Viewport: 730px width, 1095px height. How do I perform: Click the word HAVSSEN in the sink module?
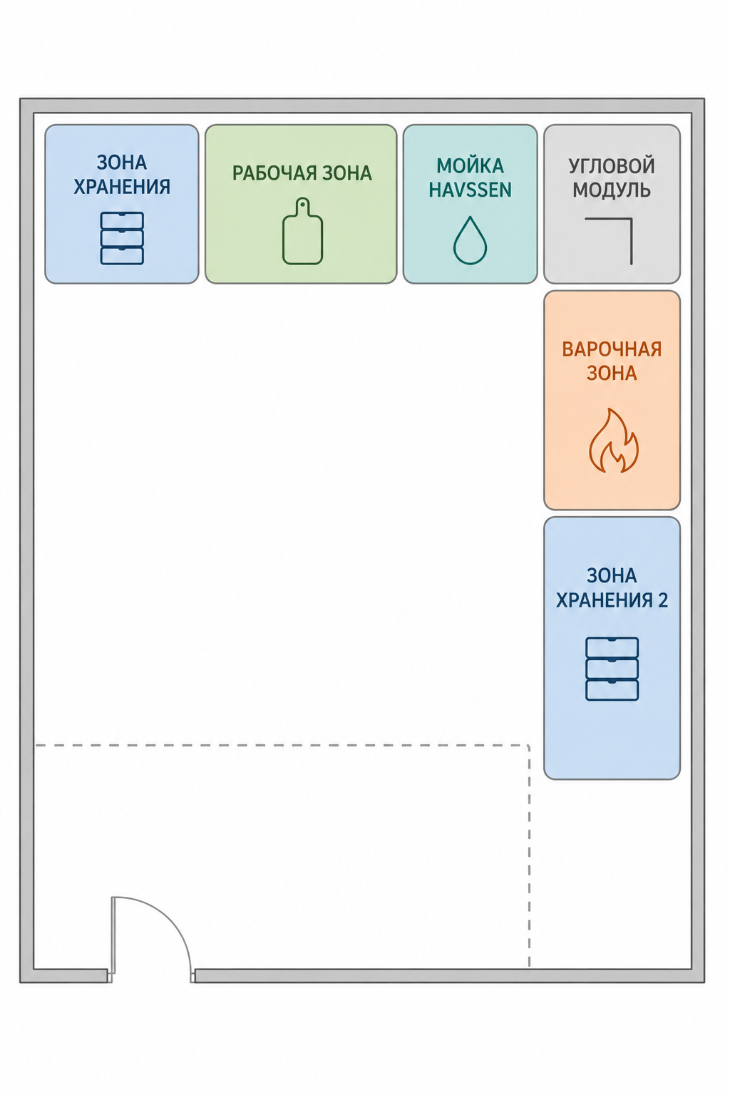[470, 190]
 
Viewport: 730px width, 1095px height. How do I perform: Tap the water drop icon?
[470, 240]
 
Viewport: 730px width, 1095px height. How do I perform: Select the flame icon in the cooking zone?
[613, 441]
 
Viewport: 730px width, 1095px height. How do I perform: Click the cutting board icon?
[303, 231]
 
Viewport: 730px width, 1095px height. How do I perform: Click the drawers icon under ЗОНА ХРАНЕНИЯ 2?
[612, 669]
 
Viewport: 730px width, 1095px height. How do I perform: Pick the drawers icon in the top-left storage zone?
[122, 238]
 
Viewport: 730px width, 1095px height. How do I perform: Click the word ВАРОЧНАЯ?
[612, 349]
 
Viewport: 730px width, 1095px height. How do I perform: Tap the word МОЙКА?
[470, 166]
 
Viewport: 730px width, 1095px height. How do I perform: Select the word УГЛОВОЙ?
[611, 166]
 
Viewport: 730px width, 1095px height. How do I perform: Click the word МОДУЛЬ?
[611, 190]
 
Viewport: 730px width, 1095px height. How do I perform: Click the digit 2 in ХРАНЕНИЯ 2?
[662, 600]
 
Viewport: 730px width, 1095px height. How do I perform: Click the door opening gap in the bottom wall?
[151, 976]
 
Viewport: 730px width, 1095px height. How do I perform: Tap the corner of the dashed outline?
[528, 746]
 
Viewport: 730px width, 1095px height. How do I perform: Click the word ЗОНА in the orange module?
[612, 374]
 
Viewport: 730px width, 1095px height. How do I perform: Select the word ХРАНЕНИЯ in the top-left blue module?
[122, 187]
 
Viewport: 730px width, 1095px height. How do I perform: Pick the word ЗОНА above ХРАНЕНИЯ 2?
[612, 576]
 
